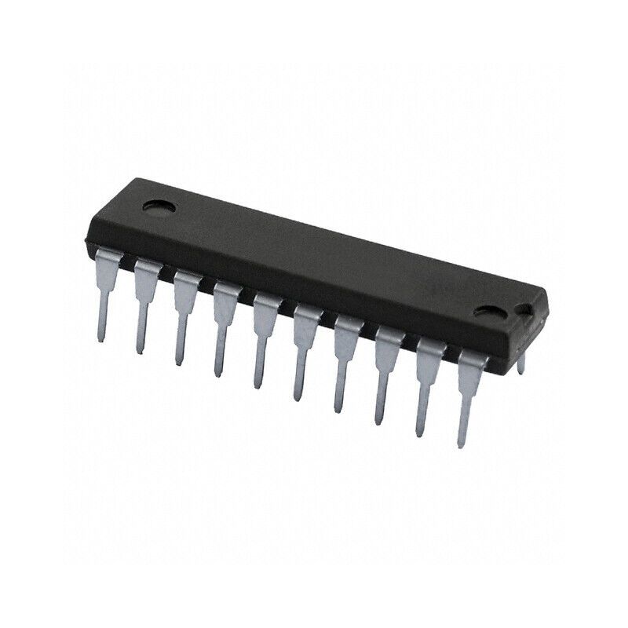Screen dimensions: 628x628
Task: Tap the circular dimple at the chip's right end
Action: pos(495,312)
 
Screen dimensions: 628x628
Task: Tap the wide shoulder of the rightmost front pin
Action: pos(471,363)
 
